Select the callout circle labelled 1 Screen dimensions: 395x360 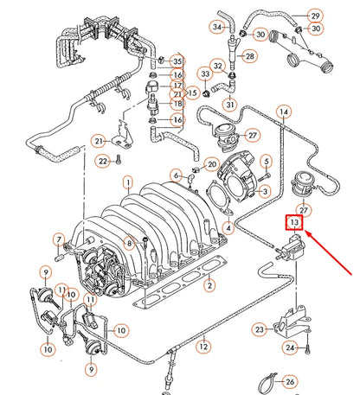click(127, 182)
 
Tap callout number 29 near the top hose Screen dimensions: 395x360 click(314, 16)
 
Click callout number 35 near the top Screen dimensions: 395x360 click(177, 61)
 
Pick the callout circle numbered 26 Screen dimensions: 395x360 click(289, 381)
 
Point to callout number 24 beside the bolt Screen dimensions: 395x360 click(291, 348)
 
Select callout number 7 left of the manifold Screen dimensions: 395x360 click(60, 239)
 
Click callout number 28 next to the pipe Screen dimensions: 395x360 click(250, 56)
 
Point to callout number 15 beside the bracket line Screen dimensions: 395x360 click(193, 92)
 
